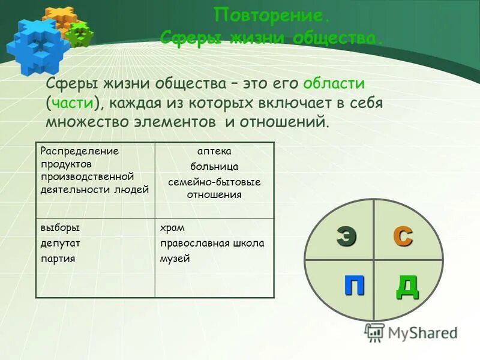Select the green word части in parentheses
71,102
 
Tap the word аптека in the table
214,152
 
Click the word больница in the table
214,166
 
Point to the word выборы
60,228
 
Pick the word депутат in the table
61,244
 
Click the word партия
58,259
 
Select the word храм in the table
172,228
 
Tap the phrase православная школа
212,244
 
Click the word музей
175,259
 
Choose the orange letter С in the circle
403,236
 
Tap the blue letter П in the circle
354,284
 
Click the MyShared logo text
422,333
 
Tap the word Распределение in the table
80,151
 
